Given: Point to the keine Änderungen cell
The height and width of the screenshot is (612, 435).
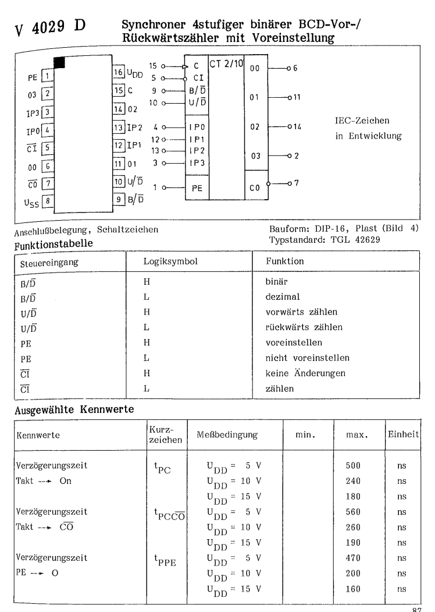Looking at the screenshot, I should [x=297, y=372].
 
